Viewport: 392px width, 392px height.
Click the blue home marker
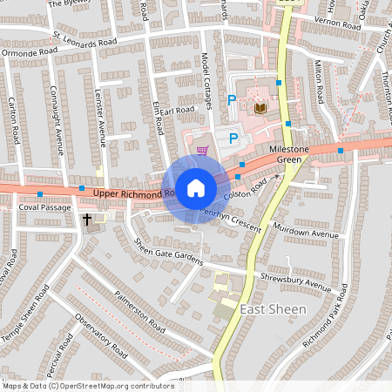(196, 187)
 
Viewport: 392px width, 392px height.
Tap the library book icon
(260, 108)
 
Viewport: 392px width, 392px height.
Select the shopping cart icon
(203, 150)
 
